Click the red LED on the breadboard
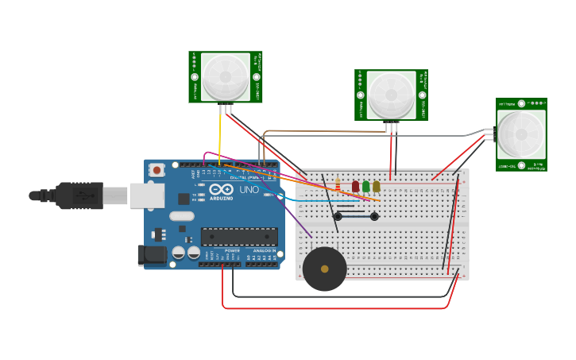[x=355, y=186]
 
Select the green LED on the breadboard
[x=365, y=186]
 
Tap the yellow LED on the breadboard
[x=376, y=186]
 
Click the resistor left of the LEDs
[x=338, y=186]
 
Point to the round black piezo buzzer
[x=324, y=269]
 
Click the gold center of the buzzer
[x=324, y=269]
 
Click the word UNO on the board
[x=249, y=191]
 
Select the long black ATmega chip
[x=239, y=236]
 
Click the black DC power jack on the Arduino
[x=152, y=255]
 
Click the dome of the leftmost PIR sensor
[x=224, y=76]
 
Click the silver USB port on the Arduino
[x=148, y=195]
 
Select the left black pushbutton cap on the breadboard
[x=338, y=216]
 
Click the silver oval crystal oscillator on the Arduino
[x=181, y=215]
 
